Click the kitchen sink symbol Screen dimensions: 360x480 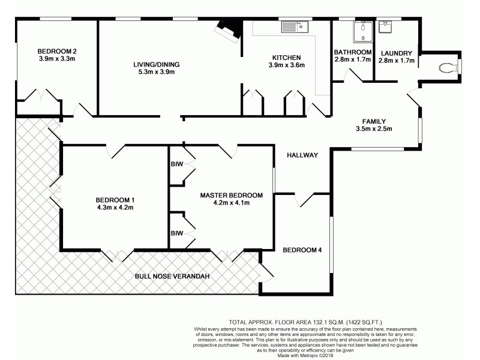coord(293,27)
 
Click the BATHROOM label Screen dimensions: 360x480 coord(353,52)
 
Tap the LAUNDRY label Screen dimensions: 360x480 coord(396,53)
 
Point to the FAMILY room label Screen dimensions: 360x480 coord(374,121)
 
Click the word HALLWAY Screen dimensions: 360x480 coord(302,155)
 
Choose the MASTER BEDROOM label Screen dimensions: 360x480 coord(232,195)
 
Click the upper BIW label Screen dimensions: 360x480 coord(176,162)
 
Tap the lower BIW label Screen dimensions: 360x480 coord(176,233)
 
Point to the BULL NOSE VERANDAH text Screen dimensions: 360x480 coord(171,276)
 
